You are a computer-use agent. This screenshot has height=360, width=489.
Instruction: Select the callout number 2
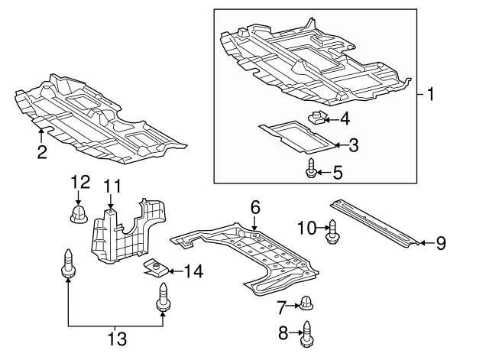click(x=42, y=152)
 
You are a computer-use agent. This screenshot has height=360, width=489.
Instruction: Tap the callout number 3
click(x=353, y=144)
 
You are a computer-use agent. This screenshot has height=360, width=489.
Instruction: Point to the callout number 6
click(x=255, y=207)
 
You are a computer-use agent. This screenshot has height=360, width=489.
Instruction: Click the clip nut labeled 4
click(x=319, y=116)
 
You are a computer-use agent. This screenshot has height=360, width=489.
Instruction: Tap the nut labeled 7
click(x=307, y=302)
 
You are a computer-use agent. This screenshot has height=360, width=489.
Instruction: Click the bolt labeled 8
click(x=308, y=334)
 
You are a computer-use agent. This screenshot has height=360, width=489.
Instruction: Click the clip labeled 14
click(x=157, y=268)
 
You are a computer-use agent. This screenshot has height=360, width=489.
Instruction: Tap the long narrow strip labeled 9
click(x=374, y=222)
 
